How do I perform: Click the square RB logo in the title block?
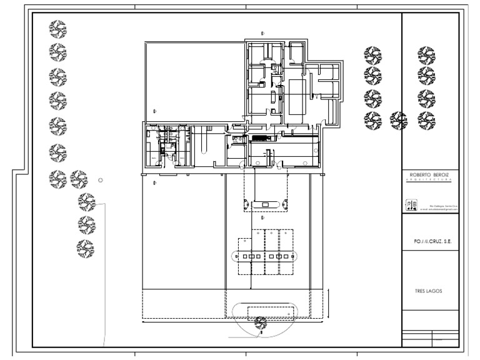[412, 206]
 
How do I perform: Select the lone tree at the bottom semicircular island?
[261, 322]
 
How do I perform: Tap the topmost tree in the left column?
[58, 29]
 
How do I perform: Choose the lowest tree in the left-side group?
[84, 248]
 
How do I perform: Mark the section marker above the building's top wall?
[262, 32]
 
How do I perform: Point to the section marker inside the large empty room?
[154, 111]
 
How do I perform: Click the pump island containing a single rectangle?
[265, 204]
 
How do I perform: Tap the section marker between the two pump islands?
[263, 218]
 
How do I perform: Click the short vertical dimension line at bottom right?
[326, 303]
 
